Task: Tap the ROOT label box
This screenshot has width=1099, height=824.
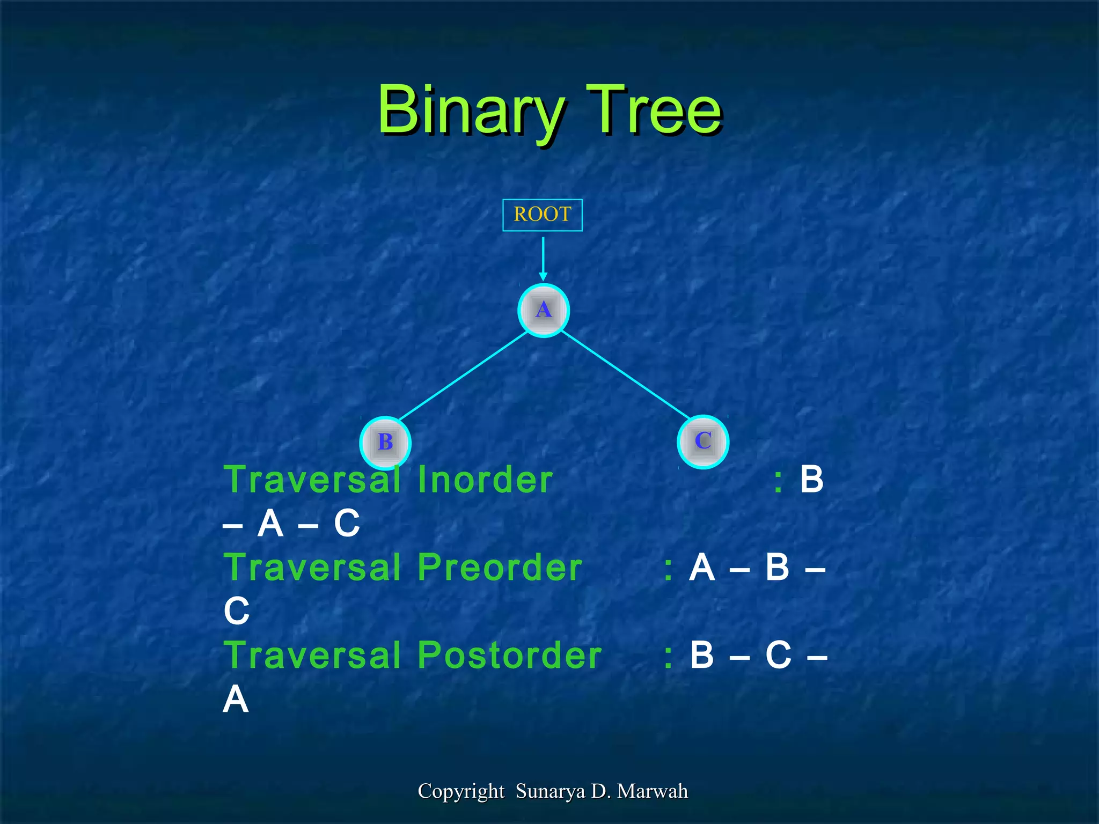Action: [x=542, y=215]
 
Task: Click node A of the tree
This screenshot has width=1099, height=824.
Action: [x=543, y=310]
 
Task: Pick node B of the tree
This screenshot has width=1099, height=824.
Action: [x=385, y=442]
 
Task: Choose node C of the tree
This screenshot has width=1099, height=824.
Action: [x=702, y=441]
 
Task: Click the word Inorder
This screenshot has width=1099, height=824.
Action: [x=485, y=480]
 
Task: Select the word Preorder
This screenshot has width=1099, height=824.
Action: [x=500, y=568]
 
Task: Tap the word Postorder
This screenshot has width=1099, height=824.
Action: [x=509, y=656]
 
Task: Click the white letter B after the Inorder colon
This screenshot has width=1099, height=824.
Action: [x=811, y=480]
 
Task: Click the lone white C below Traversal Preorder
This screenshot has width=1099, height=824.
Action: [x=237, y=611]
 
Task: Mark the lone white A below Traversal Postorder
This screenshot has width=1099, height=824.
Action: [x=236, y=700]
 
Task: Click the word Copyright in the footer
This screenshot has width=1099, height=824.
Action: [x=461, y=791]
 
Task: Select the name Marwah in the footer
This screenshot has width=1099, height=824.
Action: [x=652, y=791]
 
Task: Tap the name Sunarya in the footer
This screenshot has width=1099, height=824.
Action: [x=550, y=791]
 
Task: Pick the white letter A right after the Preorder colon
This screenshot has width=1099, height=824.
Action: [x=702, y=568]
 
